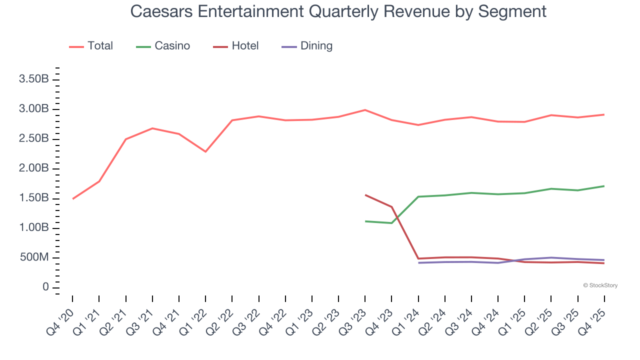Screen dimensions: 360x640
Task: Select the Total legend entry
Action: tap(91, 46)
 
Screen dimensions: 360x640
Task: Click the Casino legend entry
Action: tap(163, 46)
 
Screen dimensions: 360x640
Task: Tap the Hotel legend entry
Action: tap(236, 46)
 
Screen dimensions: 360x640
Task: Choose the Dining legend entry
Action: tap(307, 46)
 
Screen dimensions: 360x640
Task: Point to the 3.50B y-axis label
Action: tap(33, 79)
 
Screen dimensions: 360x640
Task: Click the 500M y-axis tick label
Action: tap(34, 258)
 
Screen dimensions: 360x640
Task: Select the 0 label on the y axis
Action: tap(45, 287)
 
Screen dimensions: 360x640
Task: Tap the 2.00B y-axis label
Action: tap(33, 168)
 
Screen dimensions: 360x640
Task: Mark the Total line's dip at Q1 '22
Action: tap(205, 151)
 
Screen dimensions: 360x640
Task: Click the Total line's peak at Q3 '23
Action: tap(365, 110)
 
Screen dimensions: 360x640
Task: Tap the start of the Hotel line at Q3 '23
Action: tap(365, 195)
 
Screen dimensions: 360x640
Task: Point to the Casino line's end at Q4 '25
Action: tap(604, 186)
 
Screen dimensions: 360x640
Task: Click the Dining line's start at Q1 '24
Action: tap(418, 263)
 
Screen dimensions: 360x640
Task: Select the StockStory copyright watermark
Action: tap(600, 285)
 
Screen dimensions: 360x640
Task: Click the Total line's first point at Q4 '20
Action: tap(73, 199)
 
